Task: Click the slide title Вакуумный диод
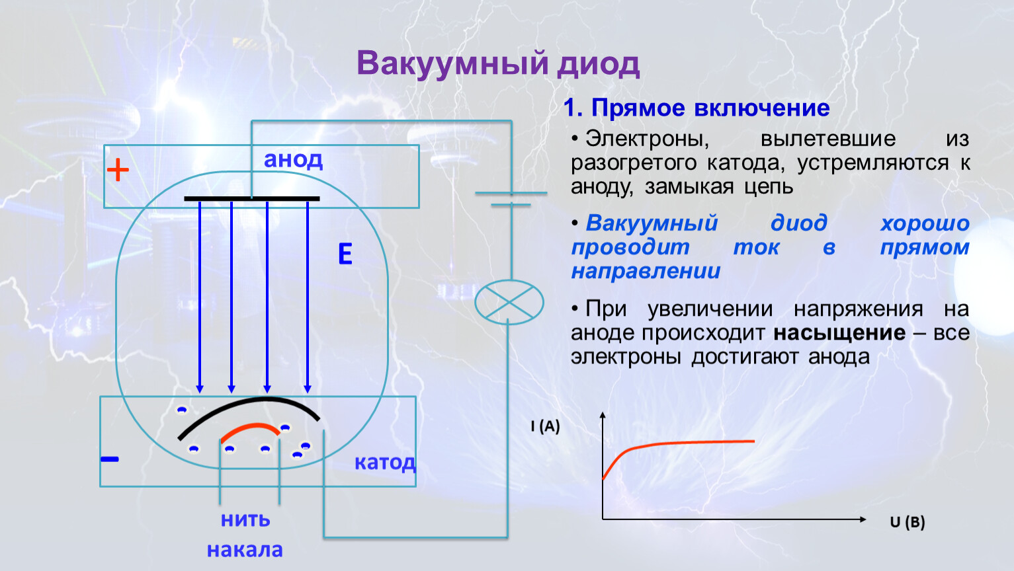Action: coord(498,64)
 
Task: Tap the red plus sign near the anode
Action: coord(118,171)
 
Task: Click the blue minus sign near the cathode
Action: coord(110,459)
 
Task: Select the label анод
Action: coord(293,159)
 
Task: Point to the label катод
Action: coord(385,462)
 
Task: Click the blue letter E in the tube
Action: coord(345,254)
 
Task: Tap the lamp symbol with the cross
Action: coord(509,302)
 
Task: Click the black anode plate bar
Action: coord(251,198)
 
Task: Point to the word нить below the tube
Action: coord(245,519)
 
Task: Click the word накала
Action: coord(245,550)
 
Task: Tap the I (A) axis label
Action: coord(545,426)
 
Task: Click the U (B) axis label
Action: coord(907,522)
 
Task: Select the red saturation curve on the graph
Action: coord(688,442)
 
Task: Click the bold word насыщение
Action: coord(839,332)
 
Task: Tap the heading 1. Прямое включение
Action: coord(697,108)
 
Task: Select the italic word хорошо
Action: coord(924,223)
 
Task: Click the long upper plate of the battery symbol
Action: coord(511,193)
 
